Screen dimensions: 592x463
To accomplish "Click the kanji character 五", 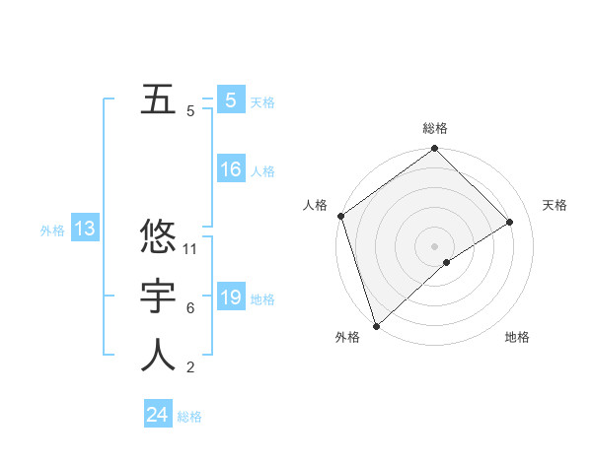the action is point(158,99).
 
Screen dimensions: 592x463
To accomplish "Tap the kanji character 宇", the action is point(158,297).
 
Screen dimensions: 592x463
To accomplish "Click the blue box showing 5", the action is point(230,100).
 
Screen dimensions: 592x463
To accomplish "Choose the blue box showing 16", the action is point(230,169).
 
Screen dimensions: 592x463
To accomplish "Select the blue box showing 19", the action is point(230,298).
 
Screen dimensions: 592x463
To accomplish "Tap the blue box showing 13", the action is point(84,230).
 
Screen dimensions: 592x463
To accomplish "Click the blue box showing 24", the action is point(158,415).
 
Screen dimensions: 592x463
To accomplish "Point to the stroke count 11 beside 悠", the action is point(191,249).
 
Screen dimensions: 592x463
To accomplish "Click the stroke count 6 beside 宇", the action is point(190,308).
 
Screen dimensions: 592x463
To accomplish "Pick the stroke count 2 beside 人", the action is point(190,367).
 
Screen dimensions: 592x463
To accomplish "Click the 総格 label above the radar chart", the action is point(434,128).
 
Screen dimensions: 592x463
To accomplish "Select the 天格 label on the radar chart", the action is point(555,205).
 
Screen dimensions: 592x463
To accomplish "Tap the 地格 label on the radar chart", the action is point(517,337).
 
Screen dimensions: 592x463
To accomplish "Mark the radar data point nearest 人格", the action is point(340,216).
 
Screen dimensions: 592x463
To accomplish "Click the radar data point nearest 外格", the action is point(376,325).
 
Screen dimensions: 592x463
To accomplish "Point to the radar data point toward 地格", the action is point(447,262).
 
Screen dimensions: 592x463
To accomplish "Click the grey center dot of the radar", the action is point(434,245).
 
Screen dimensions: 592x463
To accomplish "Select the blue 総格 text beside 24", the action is point(189,417).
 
